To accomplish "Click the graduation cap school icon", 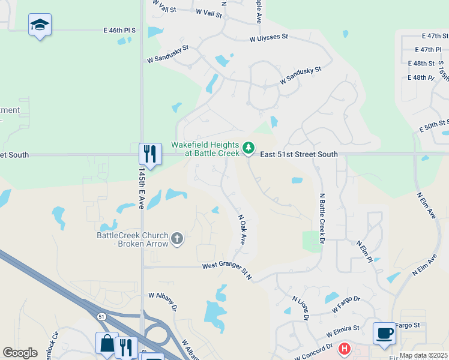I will [x=40, y=25].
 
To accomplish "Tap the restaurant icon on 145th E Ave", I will [x=149, y=154].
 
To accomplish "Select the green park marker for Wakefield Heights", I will [x=249, y=148].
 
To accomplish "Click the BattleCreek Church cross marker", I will [x=176, y=239].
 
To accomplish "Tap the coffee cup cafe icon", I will [x=384, y=333].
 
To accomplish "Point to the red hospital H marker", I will [x=345, y=349].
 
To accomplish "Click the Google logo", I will [x=20, y=353].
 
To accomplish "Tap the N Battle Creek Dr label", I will [x=322, y=218].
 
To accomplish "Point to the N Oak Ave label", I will [x=243, y=230].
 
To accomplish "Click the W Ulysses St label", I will [x=269, y=37].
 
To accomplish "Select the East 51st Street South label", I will [x=299, y=154].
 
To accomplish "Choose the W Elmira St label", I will [x=343, y=329].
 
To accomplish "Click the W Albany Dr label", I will [x=162, y=301].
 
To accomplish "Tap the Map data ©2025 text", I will [x=423, y=355].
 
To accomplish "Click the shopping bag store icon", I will [x=107, y=343].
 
